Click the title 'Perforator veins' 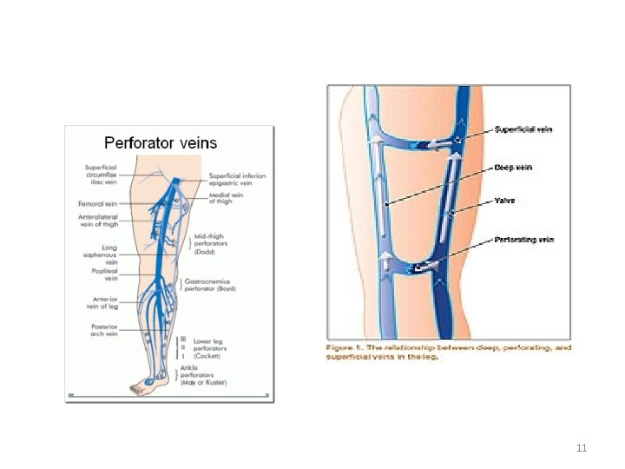pyautogui.click(x=161, y=142)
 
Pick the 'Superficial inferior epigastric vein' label pyautogui.click(x=237, y=180)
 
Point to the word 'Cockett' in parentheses pyautogui.click(x=207, y=356)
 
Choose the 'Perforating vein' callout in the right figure pyautogui.click(x=523, y=239)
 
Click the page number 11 pyautogui.click(x=582, y=448)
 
